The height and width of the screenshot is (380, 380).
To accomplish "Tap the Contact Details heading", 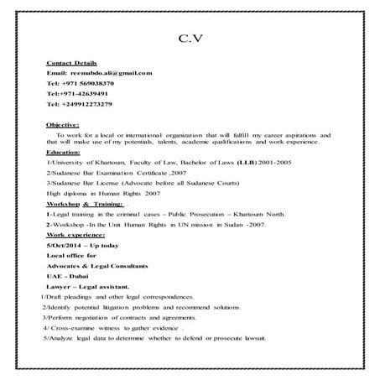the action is (73, 63).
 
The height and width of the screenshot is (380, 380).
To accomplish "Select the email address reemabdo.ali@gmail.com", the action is (111, 73).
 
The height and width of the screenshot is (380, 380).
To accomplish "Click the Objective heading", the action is (63, 124).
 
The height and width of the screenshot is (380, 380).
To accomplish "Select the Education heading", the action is (63, 153).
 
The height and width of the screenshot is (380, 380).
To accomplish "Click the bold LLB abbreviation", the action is (222, 162).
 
